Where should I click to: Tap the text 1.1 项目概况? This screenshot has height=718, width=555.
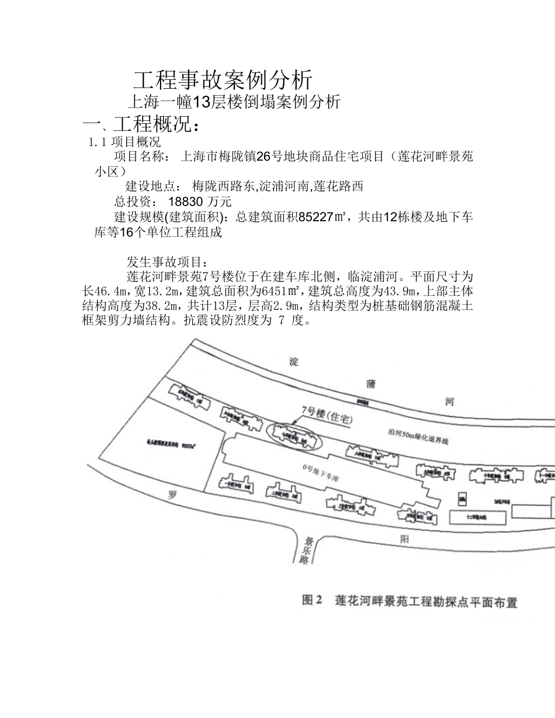click(x=124, y=142)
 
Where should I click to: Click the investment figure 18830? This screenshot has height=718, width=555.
click(x=185, y=202)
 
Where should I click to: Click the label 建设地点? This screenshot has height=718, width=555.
click(x=153, y=187)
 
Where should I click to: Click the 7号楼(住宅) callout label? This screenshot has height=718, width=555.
click(x=327, y=413)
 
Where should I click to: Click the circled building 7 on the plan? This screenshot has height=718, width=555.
click(x=293, y=435)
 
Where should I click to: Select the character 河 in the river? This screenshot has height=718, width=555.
click(x=449, y=402)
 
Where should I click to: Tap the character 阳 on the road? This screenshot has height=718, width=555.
click(x=404, y=539)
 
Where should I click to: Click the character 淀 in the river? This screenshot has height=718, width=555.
click(x=293, y=362)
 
